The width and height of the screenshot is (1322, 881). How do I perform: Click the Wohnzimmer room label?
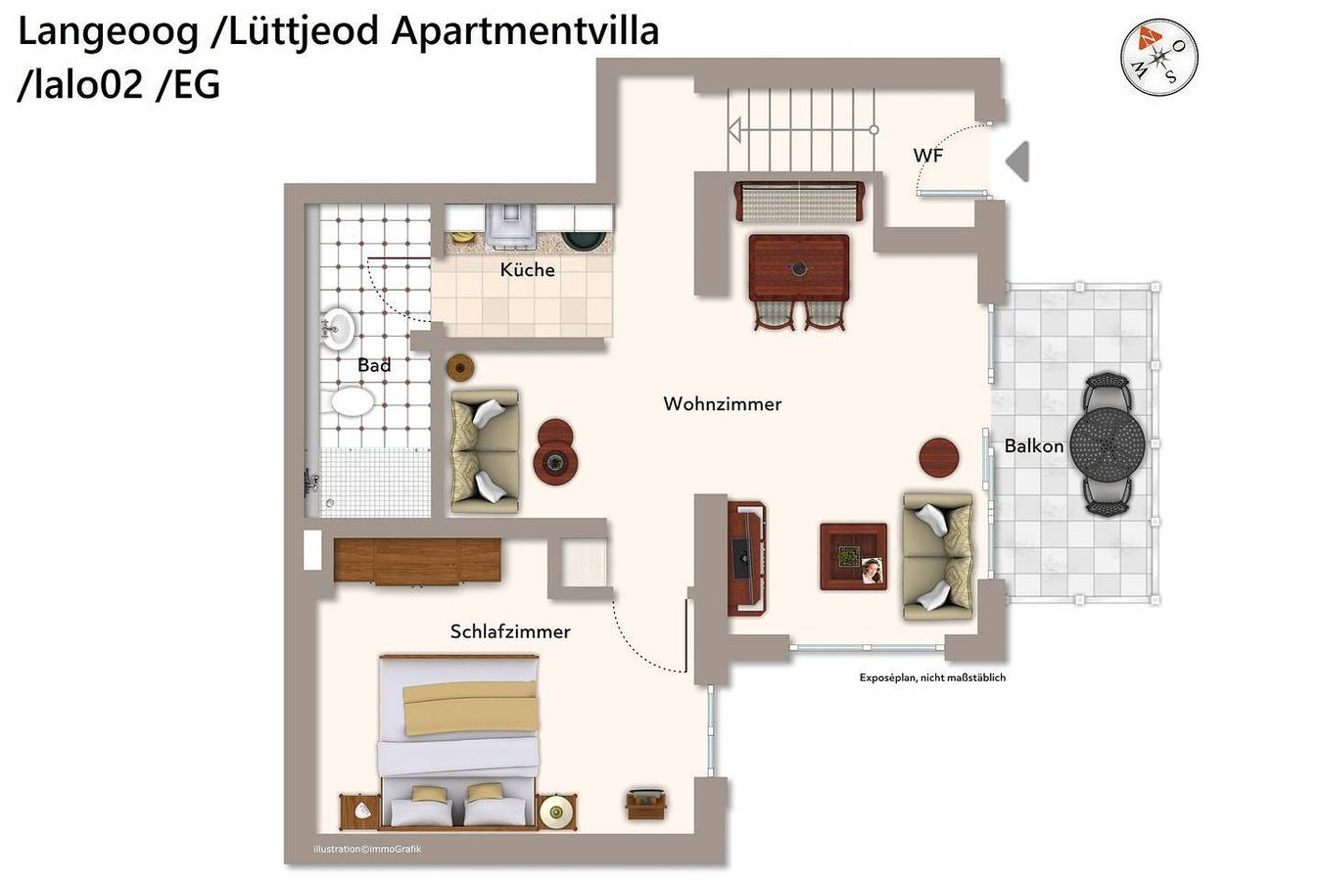(x=723, y=404)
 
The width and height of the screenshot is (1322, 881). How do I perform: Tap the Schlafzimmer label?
(x=510, y=632)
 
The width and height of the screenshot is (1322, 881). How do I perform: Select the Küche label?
(x=527, y=269)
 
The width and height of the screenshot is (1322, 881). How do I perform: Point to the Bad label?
(x=374, y=365)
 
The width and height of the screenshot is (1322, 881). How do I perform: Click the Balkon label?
(x=1034, y=446)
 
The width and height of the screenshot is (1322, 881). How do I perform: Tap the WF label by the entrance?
(x=928, y=156)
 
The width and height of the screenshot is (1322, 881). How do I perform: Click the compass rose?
(x=1159, y=57)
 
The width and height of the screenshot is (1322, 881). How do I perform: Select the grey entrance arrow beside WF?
(x=1017, y=162)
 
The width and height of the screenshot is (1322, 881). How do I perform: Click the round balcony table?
(x=1108, y=443)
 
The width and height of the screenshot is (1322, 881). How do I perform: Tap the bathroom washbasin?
(x=338, y=329)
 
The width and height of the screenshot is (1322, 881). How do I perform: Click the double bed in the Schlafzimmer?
(x=459, y=741)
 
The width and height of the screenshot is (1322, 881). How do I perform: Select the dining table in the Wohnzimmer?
(x=799, y=267)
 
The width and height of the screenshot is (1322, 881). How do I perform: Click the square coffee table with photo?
(x=853, y=556)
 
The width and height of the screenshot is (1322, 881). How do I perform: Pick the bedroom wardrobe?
(x=417, y=560)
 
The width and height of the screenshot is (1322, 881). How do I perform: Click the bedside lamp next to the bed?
(x=556, y=811)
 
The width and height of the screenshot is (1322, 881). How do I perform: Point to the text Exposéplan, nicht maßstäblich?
(x=932, y=677)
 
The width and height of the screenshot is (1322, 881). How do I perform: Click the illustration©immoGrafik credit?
(x=367, y=849)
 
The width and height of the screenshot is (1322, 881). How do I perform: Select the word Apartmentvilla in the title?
(x=526, y=30)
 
